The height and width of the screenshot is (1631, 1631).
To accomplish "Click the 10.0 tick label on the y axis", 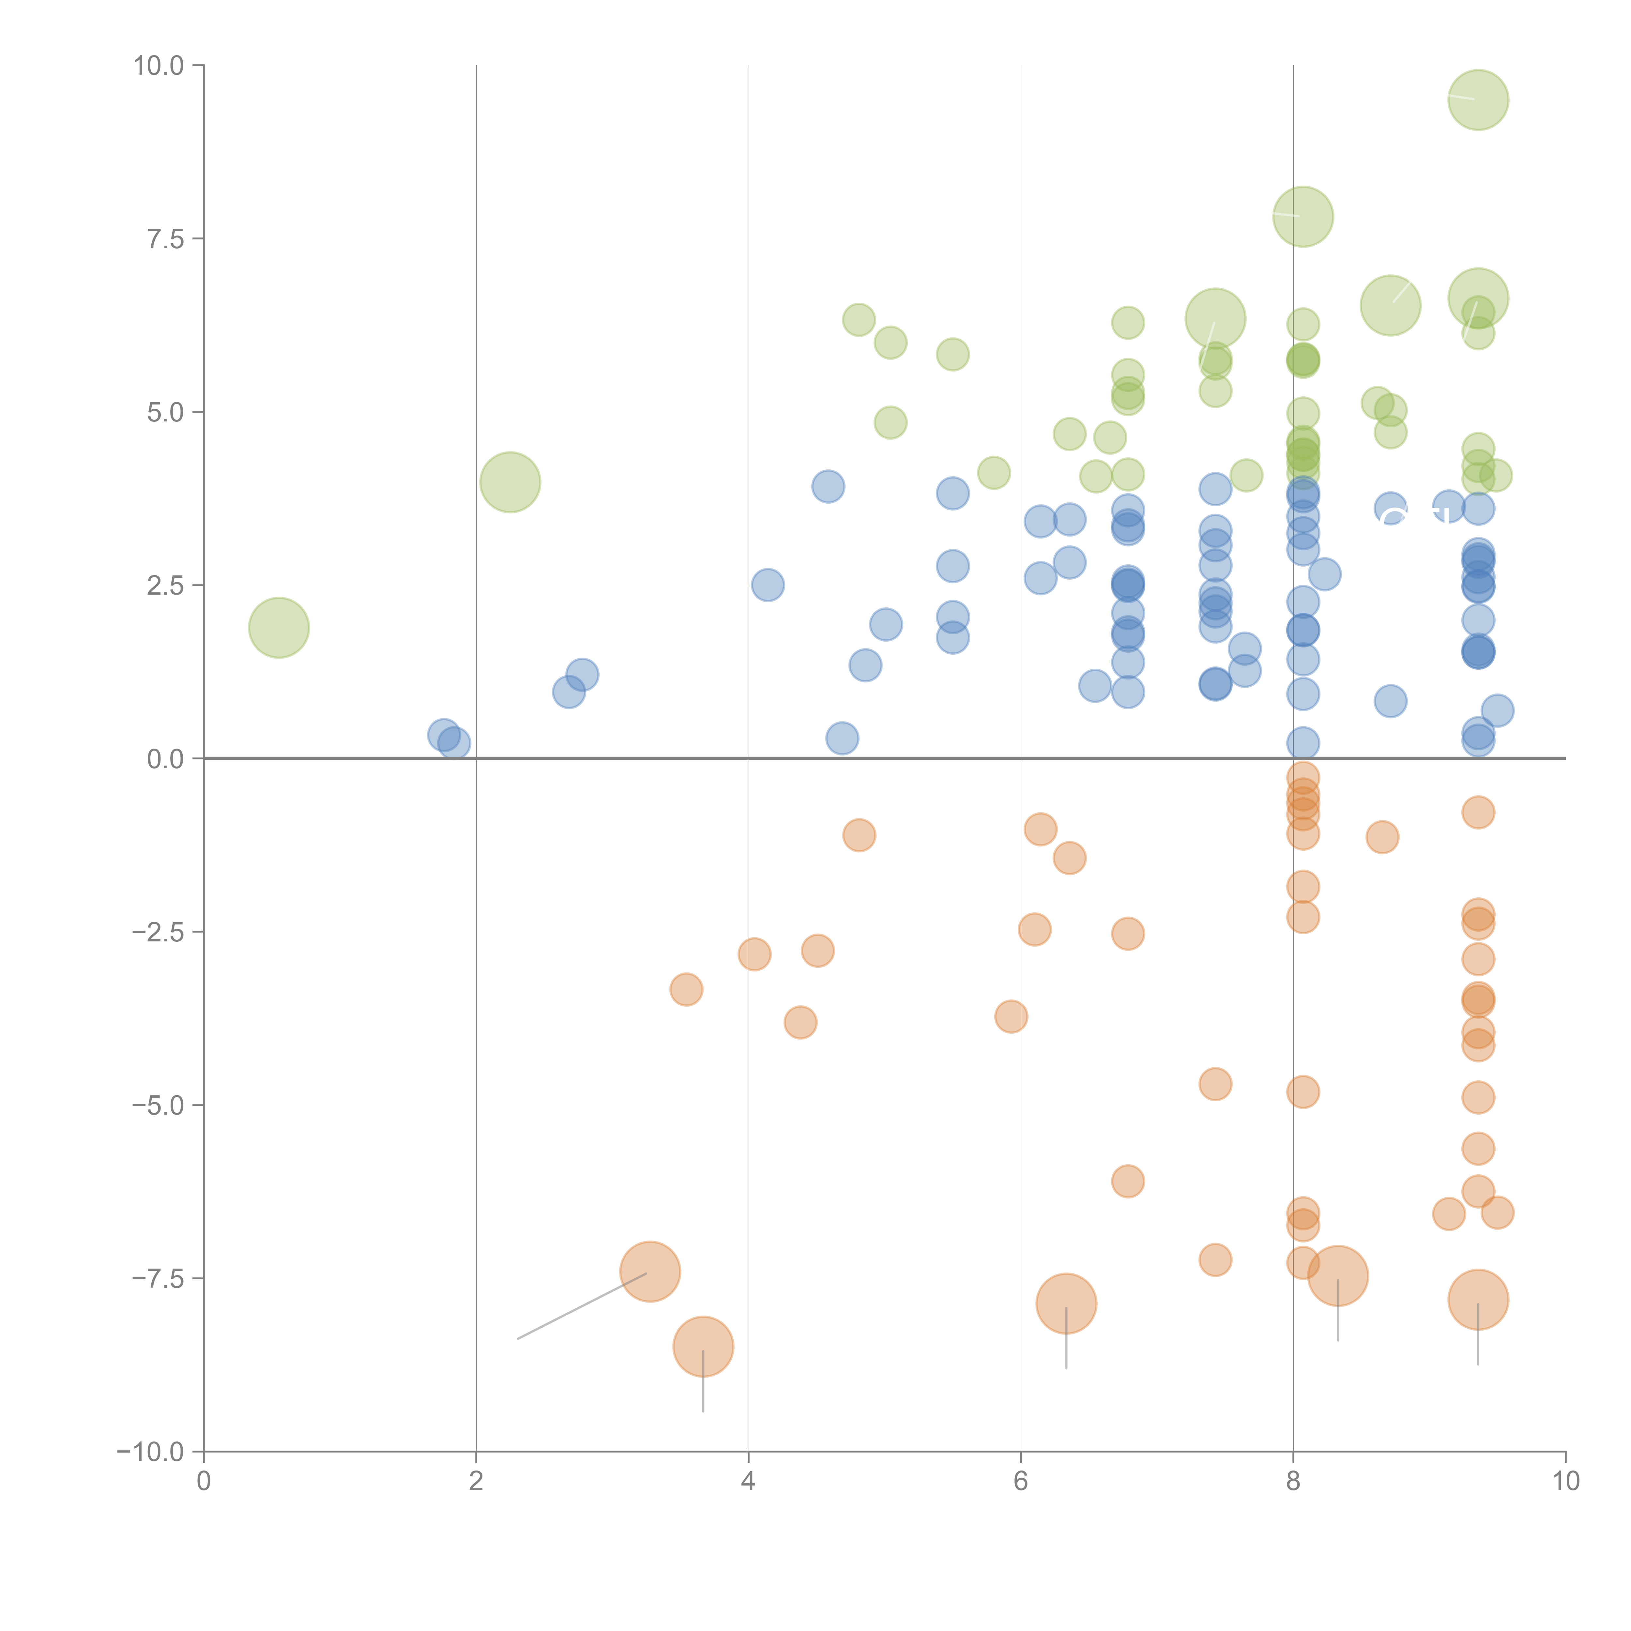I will point(159,66).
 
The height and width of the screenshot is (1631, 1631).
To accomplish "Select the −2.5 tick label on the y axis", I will point(159,932).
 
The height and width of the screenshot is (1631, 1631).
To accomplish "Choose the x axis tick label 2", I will point(476,1482).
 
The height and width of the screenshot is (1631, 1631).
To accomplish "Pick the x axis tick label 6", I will point(1021,1482).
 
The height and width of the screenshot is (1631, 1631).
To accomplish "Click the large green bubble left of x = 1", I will point(279,627).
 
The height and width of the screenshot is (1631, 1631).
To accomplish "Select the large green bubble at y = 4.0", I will point(510,482).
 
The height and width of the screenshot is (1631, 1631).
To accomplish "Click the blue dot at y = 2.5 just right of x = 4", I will point(767,585).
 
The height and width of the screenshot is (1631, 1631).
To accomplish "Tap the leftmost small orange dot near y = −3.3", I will point(686,989).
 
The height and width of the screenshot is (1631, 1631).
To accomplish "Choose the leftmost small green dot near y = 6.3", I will point(859,320).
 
